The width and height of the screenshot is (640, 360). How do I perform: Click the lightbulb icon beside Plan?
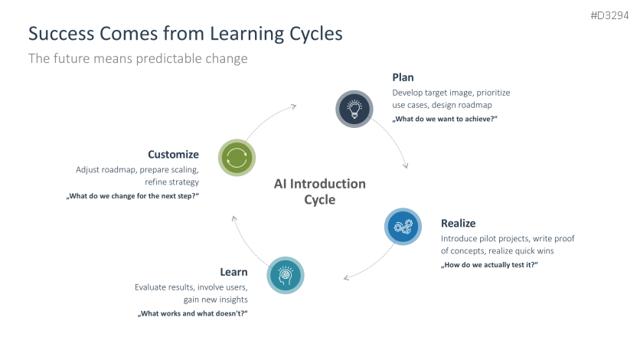[x=354, y=108]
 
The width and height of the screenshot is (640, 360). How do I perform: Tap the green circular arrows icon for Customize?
[x=237, y=159]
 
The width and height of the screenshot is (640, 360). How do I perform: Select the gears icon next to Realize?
[x=402, y=227]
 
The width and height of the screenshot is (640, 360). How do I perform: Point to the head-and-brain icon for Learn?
[x=286, y=274]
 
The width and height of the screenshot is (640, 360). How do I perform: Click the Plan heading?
[x=403, y=77]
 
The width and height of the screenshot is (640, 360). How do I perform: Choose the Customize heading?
[x=173, y=154]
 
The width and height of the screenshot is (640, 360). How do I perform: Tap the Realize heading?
[x=458, y=224]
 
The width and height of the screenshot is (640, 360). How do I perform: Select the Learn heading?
[x=233, y=272]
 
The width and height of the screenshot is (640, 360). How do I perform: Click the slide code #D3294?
[x=611, y=16]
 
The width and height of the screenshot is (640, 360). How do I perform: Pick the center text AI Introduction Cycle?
[x=320, y=191]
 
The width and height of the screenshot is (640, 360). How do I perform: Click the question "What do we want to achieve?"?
[x=445, y=119]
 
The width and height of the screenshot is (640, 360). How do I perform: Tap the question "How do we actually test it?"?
[x=489, y=265]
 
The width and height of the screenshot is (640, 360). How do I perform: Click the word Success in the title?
[x=60, y=34]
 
